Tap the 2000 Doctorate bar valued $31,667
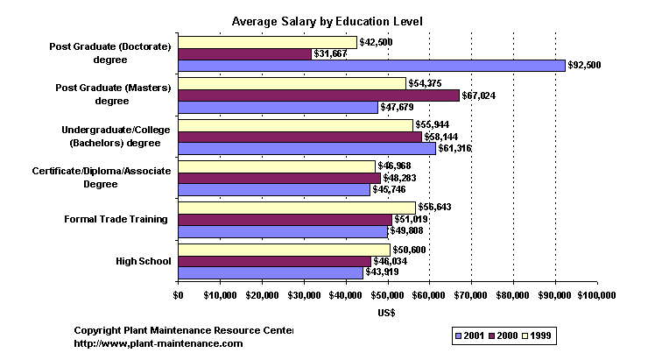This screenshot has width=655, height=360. [x=244, y=54]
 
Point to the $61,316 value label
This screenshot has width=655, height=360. [x=455, y=149]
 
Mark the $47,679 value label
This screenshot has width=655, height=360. [x=398, y=108]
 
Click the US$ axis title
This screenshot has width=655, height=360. [x=387, y=313]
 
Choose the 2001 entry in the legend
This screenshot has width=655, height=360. [x=469, y=335]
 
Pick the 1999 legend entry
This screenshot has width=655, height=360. [x=539, y=335]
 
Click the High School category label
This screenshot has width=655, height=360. [x=143, y=261]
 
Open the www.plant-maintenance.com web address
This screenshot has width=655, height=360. [x=158, y=343]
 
